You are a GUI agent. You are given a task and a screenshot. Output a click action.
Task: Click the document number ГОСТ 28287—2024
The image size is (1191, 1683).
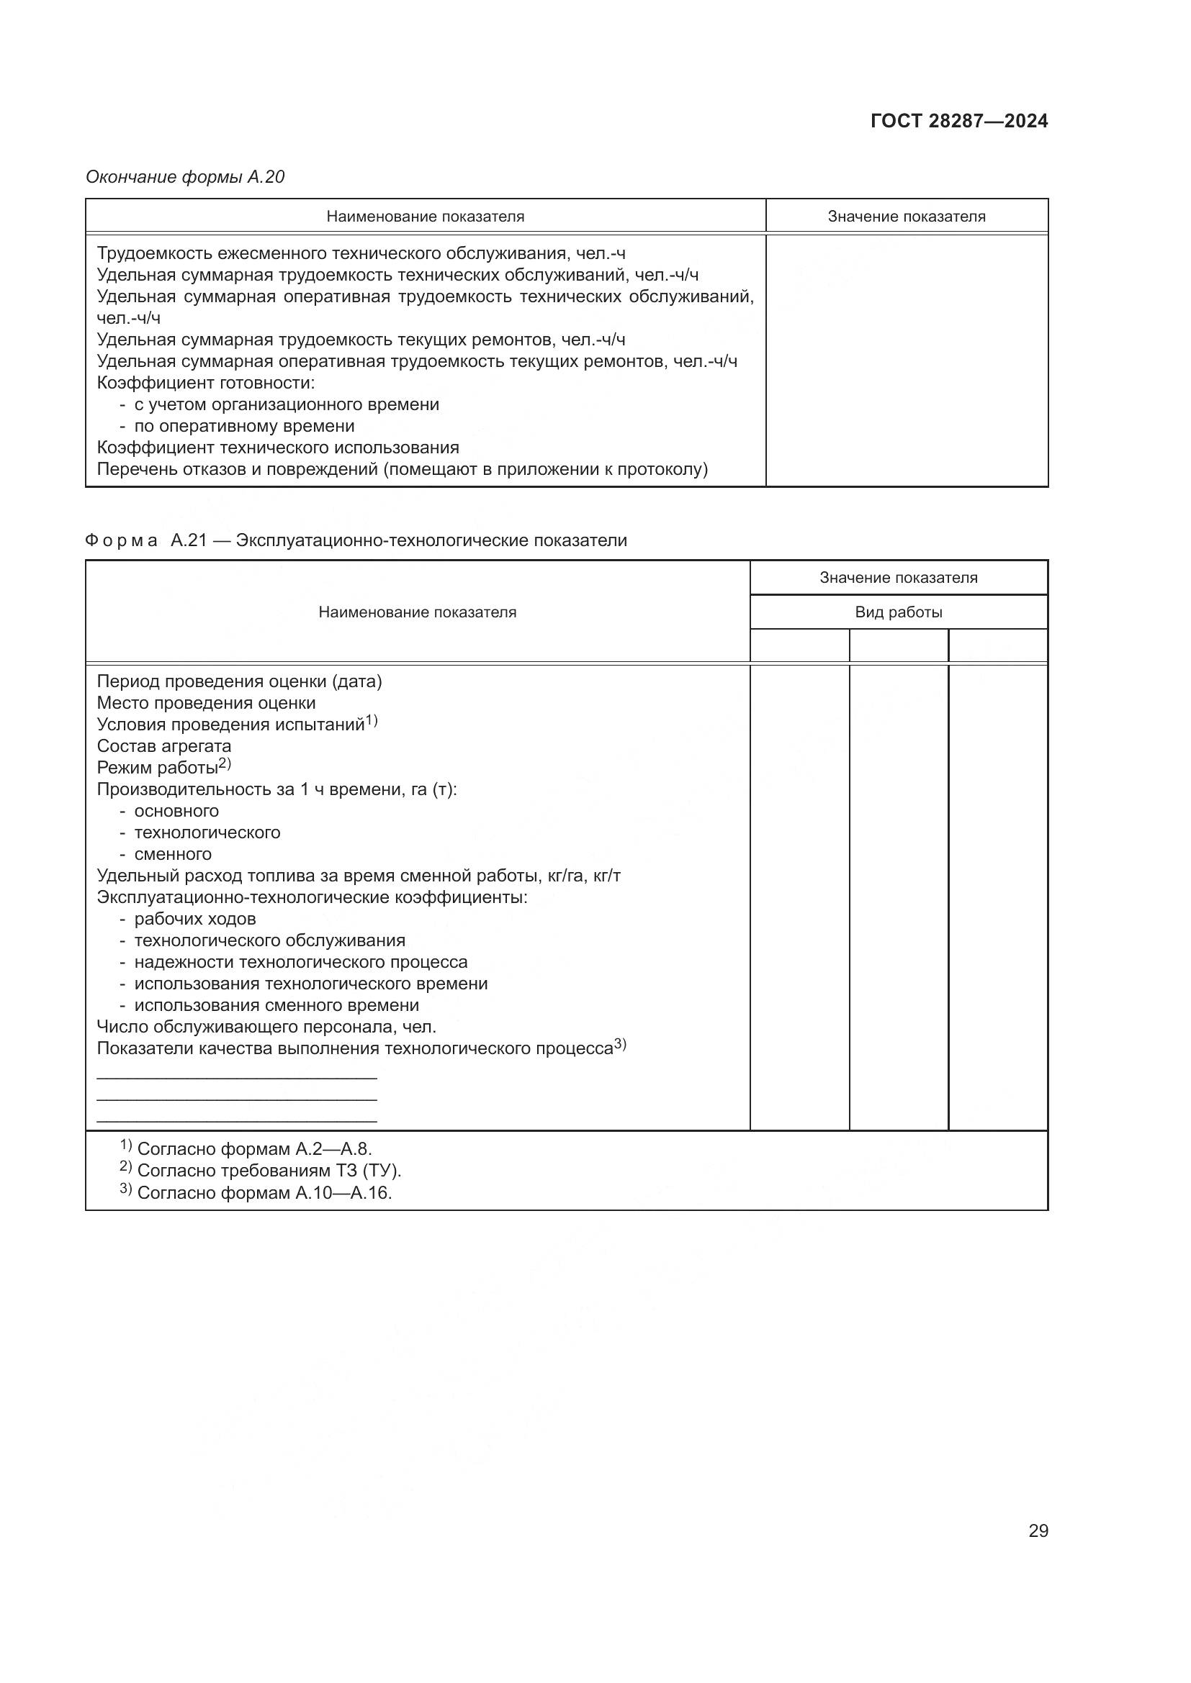(x=958, y=121)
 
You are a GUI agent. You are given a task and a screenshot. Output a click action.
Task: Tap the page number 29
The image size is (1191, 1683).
(x=1038, y=1530)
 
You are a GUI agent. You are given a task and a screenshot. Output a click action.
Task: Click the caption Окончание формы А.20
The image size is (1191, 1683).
(x=185, y=177)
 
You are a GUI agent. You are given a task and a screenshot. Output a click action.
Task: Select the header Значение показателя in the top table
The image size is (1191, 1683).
(x=906, y=217)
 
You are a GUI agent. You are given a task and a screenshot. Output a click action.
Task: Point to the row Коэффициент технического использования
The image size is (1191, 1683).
(x=278, y=447)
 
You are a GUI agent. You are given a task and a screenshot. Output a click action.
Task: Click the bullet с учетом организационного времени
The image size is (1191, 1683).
(x=286, y=404)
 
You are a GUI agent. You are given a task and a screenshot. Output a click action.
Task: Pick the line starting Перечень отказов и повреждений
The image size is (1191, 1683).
(x=402, y=469)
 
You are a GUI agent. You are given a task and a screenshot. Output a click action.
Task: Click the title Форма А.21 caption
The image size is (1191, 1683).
(x=356, y=540)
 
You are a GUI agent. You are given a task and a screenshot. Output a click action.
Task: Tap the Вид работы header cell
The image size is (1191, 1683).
(x=898, y=612)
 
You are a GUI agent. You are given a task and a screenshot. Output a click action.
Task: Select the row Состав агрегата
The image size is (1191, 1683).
(x=163, y=746)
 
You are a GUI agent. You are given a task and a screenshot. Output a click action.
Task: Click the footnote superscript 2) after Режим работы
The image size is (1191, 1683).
(x=225, y=764)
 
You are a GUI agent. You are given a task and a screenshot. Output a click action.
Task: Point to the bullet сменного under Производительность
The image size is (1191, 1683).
(x=172, y=854)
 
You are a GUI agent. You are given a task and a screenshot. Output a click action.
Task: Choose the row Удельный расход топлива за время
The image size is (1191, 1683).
(x=359, y=876)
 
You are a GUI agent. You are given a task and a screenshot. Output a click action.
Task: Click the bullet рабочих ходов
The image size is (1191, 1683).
(x=194, y=918)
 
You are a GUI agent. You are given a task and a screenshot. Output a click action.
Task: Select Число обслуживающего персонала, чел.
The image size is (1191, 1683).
(x=266, y=1027)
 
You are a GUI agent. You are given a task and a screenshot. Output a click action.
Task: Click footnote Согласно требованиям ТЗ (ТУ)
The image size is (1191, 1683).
(x=269, y=1171)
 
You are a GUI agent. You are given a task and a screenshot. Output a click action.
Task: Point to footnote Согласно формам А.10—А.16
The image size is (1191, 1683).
(x=264, y=1192)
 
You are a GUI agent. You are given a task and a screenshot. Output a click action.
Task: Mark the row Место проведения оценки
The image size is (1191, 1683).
(x=206, y=703)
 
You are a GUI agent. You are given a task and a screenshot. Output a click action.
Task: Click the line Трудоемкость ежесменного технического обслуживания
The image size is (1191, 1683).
(x=361, y=253)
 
